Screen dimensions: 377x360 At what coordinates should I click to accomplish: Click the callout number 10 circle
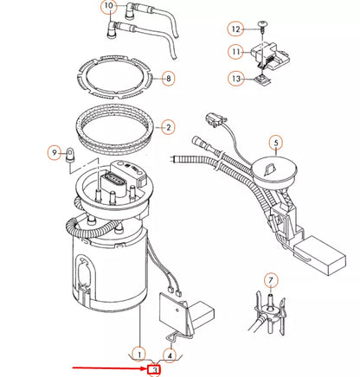(x=108, y=8)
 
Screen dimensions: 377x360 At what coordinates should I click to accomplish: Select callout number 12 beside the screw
(x=236, y=29)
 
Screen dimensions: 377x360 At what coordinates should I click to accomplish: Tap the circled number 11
(x=236, y=53)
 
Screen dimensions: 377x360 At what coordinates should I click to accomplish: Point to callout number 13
(x=236, y=79)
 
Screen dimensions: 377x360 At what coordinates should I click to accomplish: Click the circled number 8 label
(x=168, y=78)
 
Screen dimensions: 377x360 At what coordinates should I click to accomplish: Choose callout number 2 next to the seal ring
(x=168, y=126)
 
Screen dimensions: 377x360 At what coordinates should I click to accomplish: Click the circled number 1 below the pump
(x=138, y=353)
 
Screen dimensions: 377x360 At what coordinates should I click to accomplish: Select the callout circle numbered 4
(x=170, y=353)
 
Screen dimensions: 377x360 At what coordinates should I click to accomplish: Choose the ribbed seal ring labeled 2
(x=121, y=128)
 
